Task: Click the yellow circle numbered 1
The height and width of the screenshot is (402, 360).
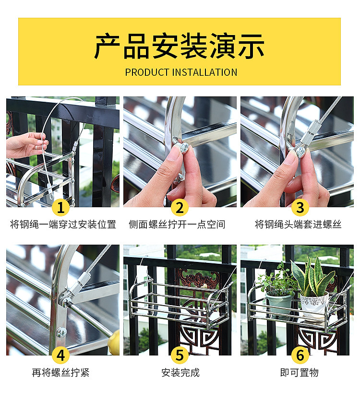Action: coord(60,207)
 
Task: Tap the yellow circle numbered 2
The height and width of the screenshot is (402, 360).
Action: coord(180,207)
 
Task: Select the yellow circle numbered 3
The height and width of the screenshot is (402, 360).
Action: coord(300,207)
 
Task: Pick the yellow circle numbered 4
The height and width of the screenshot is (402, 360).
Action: coord(60,355)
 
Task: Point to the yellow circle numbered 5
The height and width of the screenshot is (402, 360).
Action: coord(180,355)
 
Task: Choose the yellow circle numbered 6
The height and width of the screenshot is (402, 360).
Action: coord(300,355)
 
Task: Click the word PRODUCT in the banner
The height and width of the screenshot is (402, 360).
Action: coord(147,72)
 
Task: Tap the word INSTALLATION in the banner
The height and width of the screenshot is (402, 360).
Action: coord(205,72)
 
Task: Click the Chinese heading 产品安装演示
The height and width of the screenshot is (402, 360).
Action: coord(180,46)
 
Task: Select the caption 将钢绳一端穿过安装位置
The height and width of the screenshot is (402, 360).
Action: coord(63,225)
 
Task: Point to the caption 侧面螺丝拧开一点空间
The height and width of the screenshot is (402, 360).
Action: coord(177,225)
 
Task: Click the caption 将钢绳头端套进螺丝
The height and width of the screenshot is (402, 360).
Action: coord(298,225)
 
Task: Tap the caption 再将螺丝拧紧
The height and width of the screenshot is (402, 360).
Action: coord(60,373)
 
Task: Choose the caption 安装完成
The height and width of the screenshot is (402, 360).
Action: coord(180,373)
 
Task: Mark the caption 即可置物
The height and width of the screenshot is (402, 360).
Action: coord(299,373)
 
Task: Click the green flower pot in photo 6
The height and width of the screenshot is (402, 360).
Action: coord(279,303)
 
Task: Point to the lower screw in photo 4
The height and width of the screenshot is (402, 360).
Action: coord(61,333)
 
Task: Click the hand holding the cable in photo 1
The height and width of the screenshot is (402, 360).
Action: coord(27,145)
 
